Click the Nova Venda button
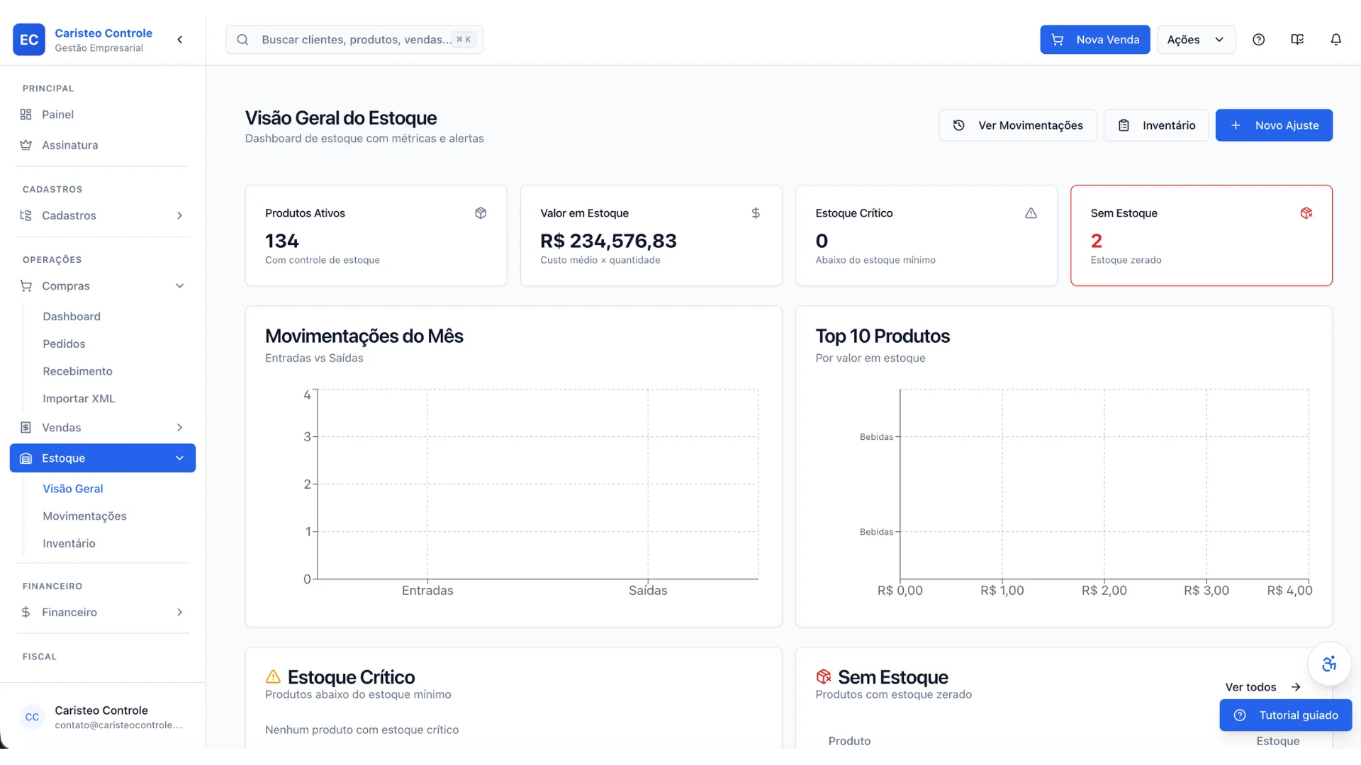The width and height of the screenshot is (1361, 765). click(x=1094, y=40)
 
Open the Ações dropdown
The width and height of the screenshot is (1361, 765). click(x=1196, y=40)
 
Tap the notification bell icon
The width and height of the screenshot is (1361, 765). click(x=1335, y=40)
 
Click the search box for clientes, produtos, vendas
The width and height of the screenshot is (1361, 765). click(x=354, y=40)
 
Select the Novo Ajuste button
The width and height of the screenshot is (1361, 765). click(x=1274, y=125)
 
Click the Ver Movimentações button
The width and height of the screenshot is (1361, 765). click(x=1017, y=125)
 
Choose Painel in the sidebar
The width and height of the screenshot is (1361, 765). click(x=57, y=115)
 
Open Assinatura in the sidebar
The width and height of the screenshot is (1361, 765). click(x=69, y=145)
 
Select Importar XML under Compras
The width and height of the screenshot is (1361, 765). click(x=79, y=399)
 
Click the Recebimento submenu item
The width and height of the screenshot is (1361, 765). click(x=77, y=371)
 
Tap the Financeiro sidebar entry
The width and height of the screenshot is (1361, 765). click(x=69, y=612)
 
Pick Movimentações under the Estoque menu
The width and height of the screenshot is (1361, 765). click(x=84, y=516)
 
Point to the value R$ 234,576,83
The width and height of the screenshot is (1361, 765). click(x=608, y=241)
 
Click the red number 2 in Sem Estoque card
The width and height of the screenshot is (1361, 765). click(x=1097, y=241)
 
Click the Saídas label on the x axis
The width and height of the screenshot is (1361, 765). click(x=648, y=591)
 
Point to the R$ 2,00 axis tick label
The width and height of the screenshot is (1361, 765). click(x=1104, y=591)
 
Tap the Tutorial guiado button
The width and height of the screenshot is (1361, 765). click(x=1286, y=715)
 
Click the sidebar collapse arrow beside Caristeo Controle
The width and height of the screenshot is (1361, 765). click(x=180, y=40)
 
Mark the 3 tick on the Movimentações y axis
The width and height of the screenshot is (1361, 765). click(x=307, y=437)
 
